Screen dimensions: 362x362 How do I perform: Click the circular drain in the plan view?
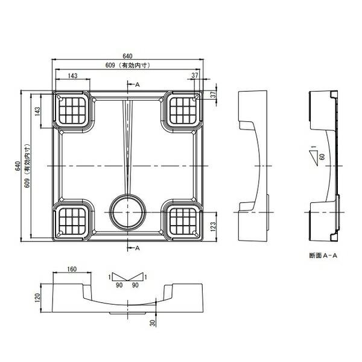pyautogui.click(x=127, y=212)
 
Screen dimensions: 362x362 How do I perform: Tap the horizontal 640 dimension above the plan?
pyautogui.click(x=127, y=56)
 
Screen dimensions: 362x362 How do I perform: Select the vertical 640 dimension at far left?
pyautogui.click(x=17, y=166)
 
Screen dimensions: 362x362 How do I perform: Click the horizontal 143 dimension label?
pyautogui.click(x=73, y=76)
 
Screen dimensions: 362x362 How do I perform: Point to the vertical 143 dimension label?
pyautogui.click(x=37, y=111)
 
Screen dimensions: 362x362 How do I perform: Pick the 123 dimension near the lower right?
pyautogui.click(x=213, y=226)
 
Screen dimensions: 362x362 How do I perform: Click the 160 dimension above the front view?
pyautogui.click(x=72, y=269)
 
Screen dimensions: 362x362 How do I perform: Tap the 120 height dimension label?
pyautogui.click(x=37, y=298)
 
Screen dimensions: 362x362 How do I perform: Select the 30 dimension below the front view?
pyautogui.click(x=153, y=323)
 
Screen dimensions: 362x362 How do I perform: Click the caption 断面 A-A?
pyautogui.click(x=323, y=256)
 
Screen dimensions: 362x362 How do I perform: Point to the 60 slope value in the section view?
pyautogui.click(x=322, y=157)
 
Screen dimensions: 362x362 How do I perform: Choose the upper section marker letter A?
pyautogui.click(x=138, y=84)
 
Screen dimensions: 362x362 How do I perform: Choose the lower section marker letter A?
pyautogui.click(x=138, y=248)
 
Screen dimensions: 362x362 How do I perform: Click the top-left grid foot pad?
pyautogui.click(x=72, y=110)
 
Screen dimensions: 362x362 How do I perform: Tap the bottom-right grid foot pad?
pyautogui.click(x=183, y=221)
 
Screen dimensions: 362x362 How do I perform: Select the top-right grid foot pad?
pyautogui.click(x=183, y=110)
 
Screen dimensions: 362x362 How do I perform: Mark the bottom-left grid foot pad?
pyautogui.click(x=72, y=221)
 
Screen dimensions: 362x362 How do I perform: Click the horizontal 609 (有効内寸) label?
pyautogui.click(x=128, y=65)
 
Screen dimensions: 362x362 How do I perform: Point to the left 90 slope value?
pyautogui.click(x=119, y=285)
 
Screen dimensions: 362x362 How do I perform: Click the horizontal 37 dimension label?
pyautogui.click(x=195, y=75)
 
